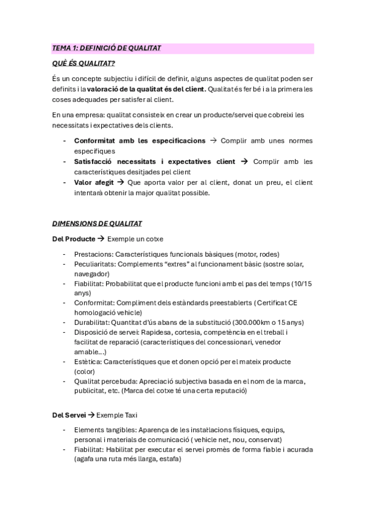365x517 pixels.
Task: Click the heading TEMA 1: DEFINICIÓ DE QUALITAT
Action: [x=107, y=48]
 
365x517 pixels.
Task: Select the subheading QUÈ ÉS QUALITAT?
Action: [x=83, y=63]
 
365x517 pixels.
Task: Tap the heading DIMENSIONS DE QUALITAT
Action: [x=97, y=224]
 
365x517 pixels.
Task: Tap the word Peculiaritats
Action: [x=94, y=264]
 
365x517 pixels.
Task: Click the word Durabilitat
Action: [x=93, y=322]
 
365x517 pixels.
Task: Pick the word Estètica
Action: [x=88, y=361]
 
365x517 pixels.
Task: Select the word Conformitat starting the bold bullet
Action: [x=97, y=140]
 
